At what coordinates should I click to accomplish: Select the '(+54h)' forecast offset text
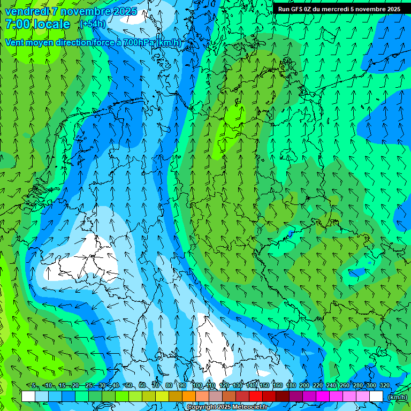click(92, 24)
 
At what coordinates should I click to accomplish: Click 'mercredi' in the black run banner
click(335, 9)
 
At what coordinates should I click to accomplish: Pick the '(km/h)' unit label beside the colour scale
click(397, 397)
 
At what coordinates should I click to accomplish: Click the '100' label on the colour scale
click(198, 385)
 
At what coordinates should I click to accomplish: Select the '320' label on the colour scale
click(385, 385)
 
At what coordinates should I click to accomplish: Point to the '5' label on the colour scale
click(34, 385)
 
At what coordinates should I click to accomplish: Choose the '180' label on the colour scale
click(291, 385)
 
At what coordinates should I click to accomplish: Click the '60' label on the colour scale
click(142, 385)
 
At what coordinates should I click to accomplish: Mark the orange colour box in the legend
click(188, 397)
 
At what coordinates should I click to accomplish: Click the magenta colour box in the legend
click(322, 397)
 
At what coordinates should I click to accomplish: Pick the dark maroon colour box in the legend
click(282, 397)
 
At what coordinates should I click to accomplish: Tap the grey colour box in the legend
click(215, 397)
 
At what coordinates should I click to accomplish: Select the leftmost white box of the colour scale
click(28, 397)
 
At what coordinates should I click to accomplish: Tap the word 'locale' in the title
click(52, 24)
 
